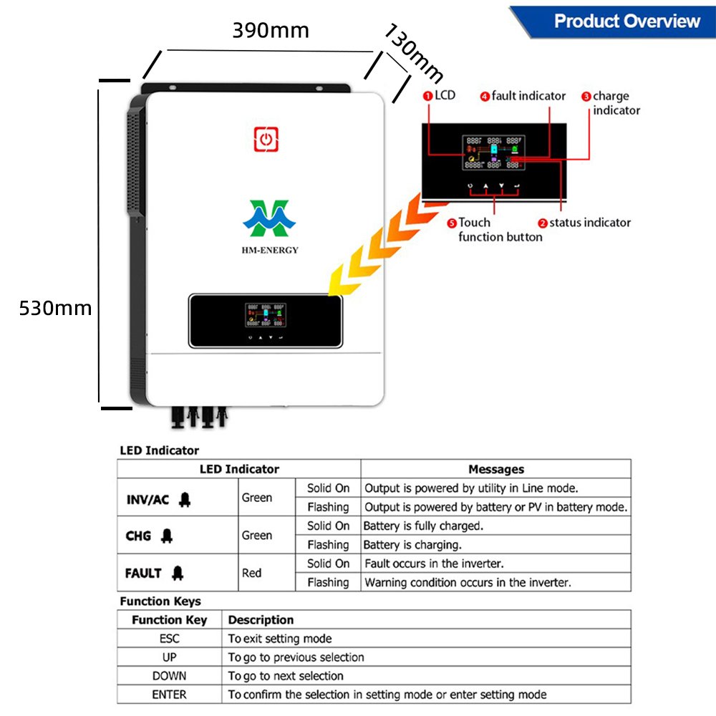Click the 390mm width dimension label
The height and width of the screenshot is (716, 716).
(271, 31)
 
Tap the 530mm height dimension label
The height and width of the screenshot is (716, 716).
(55, 308)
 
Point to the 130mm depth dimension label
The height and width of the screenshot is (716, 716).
(414, 53)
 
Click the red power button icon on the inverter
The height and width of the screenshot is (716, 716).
(266, 139)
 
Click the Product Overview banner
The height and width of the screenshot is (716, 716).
(626, 21)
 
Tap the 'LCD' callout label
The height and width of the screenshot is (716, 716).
(444, 95)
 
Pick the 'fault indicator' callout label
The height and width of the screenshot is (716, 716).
(528, 96)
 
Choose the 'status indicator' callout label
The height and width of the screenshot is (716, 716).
(589, 223)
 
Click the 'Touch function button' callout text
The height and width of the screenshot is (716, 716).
(500, 230)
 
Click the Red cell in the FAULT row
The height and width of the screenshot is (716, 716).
(252, 573)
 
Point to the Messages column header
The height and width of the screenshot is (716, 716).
(495, 470)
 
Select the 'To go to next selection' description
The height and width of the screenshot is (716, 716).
(286, 676)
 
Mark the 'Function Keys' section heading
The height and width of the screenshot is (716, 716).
(160, 601)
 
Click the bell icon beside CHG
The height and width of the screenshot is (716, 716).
(167, 535)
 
